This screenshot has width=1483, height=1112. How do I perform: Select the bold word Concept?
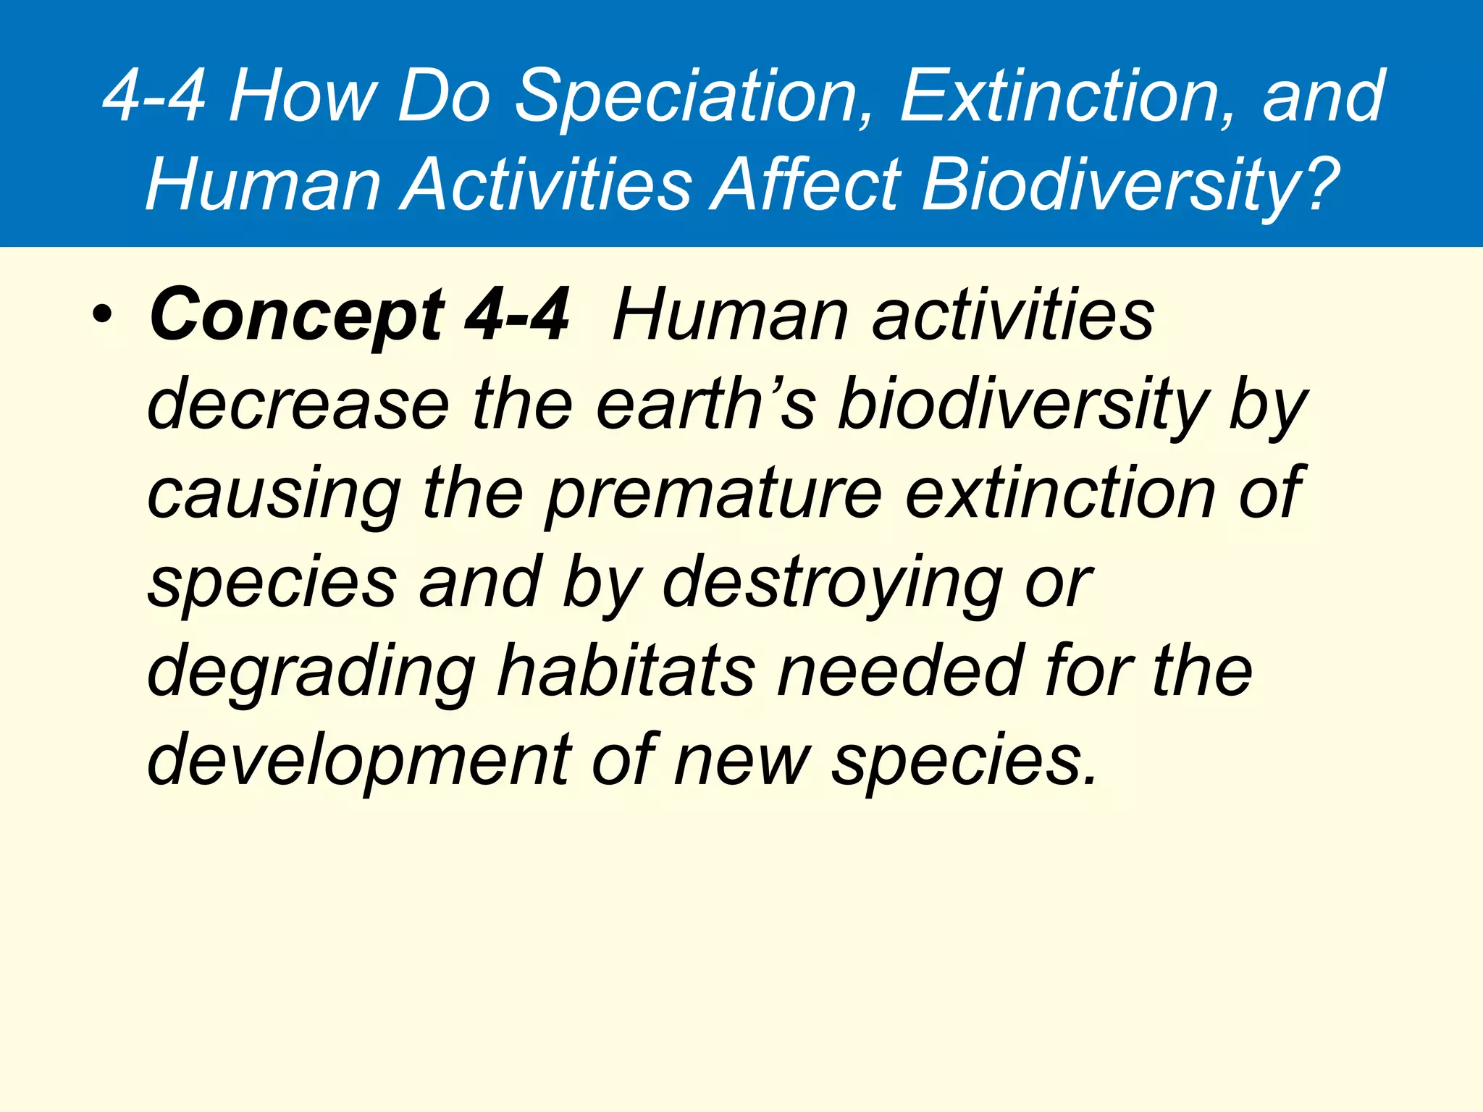[297, 316]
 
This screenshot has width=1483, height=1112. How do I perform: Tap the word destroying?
[833, 584]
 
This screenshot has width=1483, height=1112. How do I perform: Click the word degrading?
[311, 673]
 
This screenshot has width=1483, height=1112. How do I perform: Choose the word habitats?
[626, 673]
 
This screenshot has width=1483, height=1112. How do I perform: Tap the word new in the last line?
[742, 761]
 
